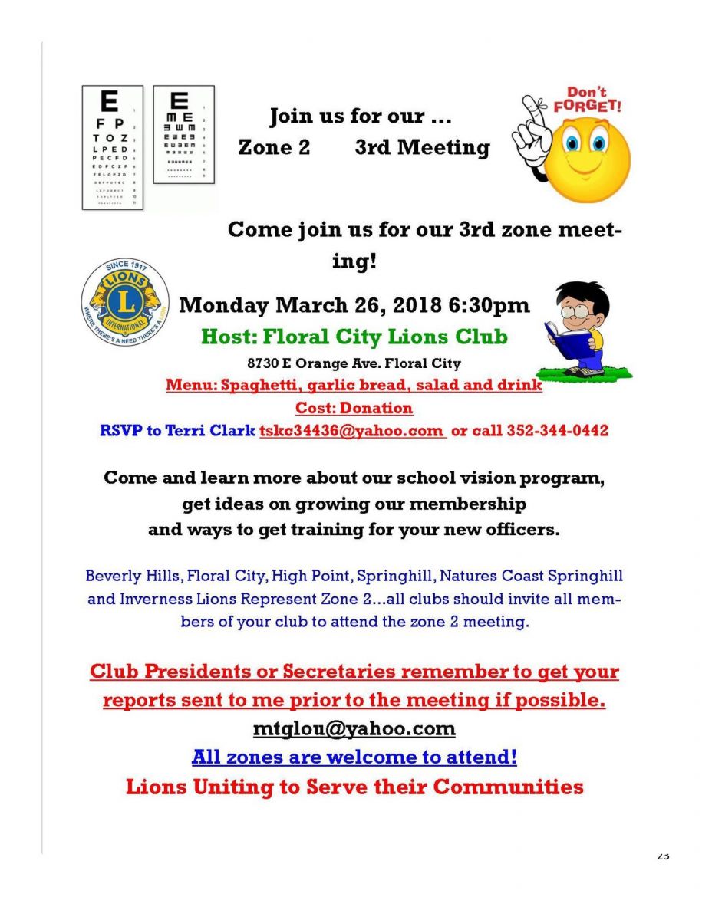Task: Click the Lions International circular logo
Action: [125, 303]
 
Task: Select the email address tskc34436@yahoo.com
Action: [351, 431]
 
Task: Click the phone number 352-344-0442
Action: [557, 431]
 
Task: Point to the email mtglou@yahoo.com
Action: [354, 728]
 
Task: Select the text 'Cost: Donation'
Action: [354, 408]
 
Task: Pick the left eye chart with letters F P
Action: [112, 147]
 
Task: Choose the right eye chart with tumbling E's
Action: [183, 134]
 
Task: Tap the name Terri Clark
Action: [222, 431]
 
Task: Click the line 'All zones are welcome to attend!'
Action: [354, 757]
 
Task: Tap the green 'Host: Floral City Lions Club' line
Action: [354, 337]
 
